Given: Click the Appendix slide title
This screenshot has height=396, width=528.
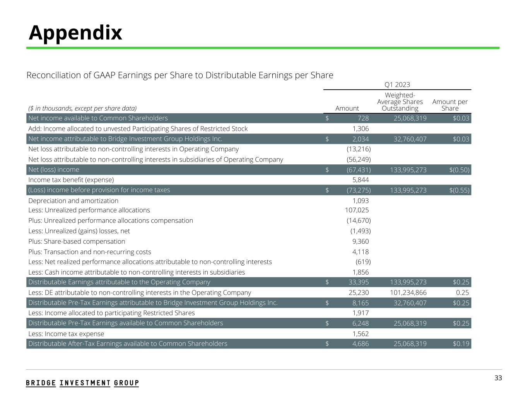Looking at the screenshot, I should [x=75, y=32].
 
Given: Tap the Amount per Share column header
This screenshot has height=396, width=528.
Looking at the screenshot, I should [x=450, y=105].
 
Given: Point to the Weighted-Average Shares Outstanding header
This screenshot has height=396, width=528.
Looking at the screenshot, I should [x=400, y=102].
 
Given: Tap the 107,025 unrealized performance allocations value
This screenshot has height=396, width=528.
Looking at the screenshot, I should [x=357, y=210].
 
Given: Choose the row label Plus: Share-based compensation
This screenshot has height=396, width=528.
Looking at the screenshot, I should [x=77, y=241].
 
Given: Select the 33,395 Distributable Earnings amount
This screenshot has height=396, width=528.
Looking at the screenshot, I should [x=359, y=282].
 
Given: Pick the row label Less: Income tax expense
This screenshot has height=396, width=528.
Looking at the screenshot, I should [x=66, y=334].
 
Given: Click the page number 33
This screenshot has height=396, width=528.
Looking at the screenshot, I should [x=498, y=378].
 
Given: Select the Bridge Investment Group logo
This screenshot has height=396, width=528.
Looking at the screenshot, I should [x=82, y=383].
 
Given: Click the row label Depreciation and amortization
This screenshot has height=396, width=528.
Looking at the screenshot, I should [x=73, y=201].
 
